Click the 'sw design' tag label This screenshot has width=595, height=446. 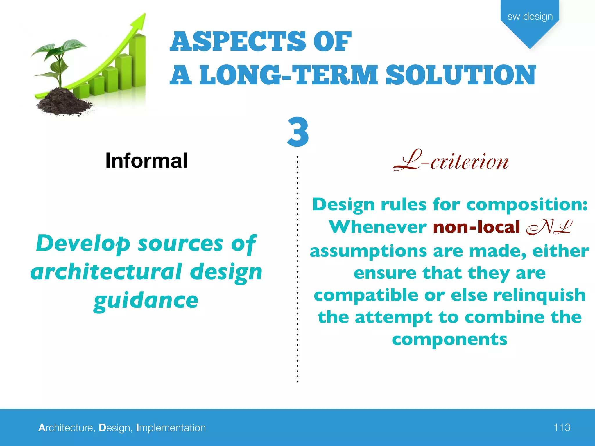click(530, 17)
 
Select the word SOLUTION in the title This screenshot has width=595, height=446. click(460, 75)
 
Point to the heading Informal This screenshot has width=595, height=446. click(146, 161)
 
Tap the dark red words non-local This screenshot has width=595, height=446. click(476, 227)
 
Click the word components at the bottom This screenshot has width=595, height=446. click(449, 339)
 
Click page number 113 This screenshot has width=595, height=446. click(562, 427)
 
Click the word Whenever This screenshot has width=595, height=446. click(378, 227)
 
